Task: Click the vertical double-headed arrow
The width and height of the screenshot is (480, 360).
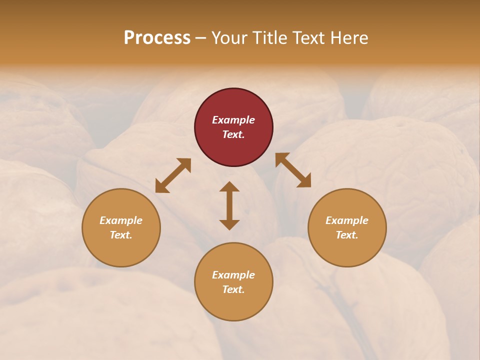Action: coord(229,205)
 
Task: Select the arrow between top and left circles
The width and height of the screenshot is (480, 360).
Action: coord(173,175)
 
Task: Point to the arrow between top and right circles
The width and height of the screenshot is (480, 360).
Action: coord(293,170)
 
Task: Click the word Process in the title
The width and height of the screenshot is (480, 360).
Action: coord(157,38)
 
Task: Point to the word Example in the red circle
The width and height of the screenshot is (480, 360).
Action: coord(233,120)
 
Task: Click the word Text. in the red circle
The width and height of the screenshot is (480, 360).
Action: coord(233,134)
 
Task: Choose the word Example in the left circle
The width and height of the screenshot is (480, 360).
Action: coord(121,220)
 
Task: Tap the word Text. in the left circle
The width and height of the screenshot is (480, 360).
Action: coord(121,235)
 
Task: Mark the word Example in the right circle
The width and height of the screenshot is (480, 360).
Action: coord(347,220)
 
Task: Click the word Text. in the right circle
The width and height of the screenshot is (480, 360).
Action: coord(347,235)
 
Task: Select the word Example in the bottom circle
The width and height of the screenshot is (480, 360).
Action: coord(233,275)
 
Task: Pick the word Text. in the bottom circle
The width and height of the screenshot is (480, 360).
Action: coord(233,289)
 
